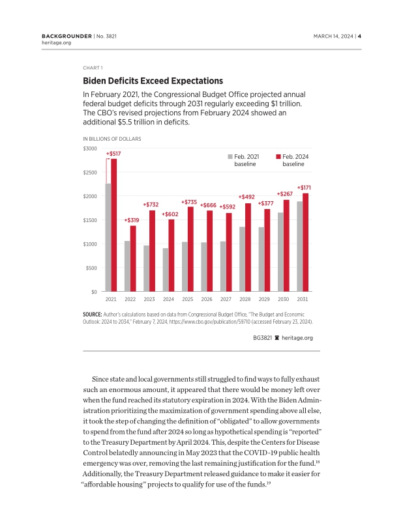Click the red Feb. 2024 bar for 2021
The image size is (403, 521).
(x=114, y=225)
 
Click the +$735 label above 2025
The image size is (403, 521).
(x=189, y=202)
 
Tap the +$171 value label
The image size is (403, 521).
(x=304, y=188)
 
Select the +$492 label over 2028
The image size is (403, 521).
(x=246, y=197)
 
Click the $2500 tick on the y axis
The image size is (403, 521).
(x=89, y=173)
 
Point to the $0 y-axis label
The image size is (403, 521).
(x=93, y=292)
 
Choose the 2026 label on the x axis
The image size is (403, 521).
(x=207, y=300)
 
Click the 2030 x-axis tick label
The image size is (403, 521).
(x=283, y=300)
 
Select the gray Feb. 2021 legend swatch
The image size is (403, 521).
(x=230, y=157)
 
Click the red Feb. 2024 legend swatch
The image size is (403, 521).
(x=278, y=157)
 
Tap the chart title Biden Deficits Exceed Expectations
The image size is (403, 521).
(x=153, y=81)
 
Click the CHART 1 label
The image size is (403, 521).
(x=93, y=67)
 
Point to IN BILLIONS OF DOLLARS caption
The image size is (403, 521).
(x=112, y=139)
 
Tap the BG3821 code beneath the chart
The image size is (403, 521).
(x=263, y=338)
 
